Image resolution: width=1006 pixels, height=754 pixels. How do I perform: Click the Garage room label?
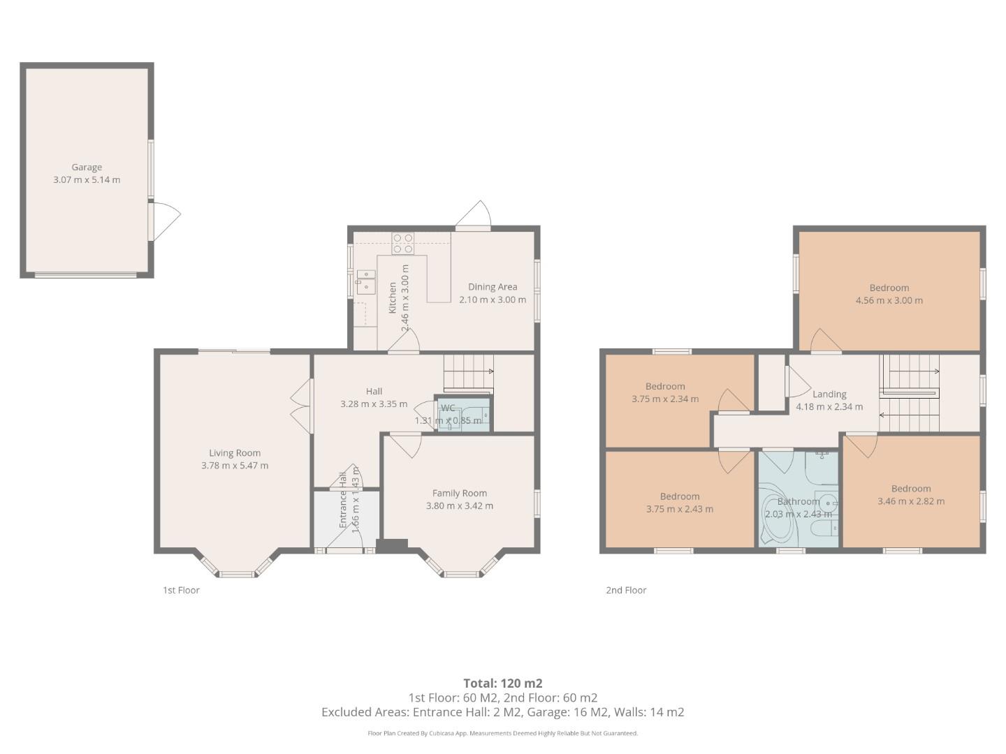pyautogui.click(x=87, y=168)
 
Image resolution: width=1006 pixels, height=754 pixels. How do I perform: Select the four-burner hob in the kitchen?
pyautogui.click(x=402, y=244)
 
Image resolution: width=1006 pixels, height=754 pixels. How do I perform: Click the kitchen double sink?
pyautogui.click(x=366, y=281)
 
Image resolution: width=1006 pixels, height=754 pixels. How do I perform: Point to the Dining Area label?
pyautogui.click(x=493, y=287)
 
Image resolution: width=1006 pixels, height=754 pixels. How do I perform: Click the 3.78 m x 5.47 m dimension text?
pyautogui.click(x=235, y=466)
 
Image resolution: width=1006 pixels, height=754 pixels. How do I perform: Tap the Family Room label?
pyautogui.click(x=460, y=493)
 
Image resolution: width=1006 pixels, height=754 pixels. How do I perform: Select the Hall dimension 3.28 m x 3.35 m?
pyautogui.click(x=374, y=404)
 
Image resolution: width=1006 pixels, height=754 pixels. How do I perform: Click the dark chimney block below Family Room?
pyautogui.click(x=392, y=545)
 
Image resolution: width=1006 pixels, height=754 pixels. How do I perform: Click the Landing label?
pyautogui.click(x=829, y=394)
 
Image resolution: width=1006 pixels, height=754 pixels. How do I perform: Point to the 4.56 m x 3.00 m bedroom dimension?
pyautogui.click(x=889, y=300)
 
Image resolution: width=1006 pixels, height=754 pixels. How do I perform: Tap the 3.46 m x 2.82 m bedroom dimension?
pyautogui.click(x=911, y=501)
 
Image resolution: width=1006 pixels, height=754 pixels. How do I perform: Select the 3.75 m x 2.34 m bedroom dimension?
pyautogui.click(x=666, y=399)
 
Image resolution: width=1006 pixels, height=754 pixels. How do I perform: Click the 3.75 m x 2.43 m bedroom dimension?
pyautogui.click(x=680, y=509)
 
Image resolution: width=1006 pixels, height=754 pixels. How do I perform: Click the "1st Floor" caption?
pyautogui.click(x=182, y=590)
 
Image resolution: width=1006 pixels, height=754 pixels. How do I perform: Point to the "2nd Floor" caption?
pyautogui.click(x=626, y=590)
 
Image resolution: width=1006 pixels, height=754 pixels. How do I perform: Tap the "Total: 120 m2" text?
pyautogui.click(x=503, y=683)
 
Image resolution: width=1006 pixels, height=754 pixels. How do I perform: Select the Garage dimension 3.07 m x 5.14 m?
pyautogui.click(x=87, y=180)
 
